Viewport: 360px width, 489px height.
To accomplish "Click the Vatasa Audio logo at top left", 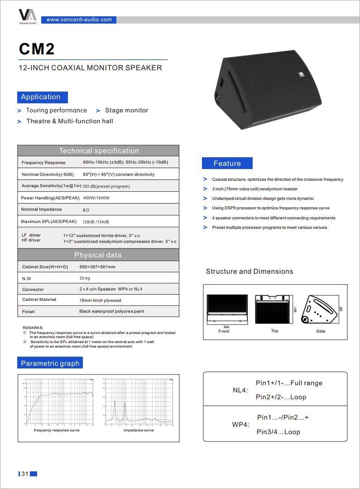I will click(x=28, y=16).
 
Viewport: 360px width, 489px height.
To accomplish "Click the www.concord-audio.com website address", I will click(x=79, y=19).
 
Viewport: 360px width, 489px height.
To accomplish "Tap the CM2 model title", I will click(x=37, y=49).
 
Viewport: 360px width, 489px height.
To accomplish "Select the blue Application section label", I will click(x=41, y=97).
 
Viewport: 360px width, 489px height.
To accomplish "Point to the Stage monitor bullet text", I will click(x=126, y=110).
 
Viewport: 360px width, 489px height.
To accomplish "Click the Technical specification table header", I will click(x=99, y=150).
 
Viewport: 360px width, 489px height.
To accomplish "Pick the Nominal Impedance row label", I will click(x=41, y=209).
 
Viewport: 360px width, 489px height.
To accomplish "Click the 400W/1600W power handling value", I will click(x=96, y=198).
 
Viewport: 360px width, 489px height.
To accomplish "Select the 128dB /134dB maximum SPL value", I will click(x=96, y=222).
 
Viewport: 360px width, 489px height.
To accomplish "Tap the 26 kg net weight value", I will click(x=85, y=278).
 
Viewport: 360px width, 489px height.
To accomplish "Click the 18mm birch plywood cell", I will click(x=100, y=300).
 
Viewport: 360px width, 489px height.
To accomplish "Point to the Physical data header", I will click(x=98, y=255).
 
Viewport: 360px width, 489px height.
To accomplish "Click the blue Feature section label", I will click(x=227, y=163).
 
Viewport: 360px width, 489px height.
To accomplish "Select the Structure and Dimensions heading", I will click(x=250, y=271).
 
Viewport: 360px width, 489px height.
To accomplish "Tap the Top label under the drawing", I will click(x=274, y=331).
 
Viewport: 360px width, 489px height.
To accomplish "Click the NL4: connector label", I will click(x=240, y=390).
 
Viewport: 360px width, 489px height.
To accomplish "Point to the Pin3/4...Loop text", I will click(x=278, y=432).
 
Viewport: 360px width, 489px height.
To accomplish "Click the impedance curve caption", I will click(x=139, y=430).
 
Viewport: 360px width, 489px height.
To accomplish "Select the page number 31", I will click(x=24, y=474).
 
